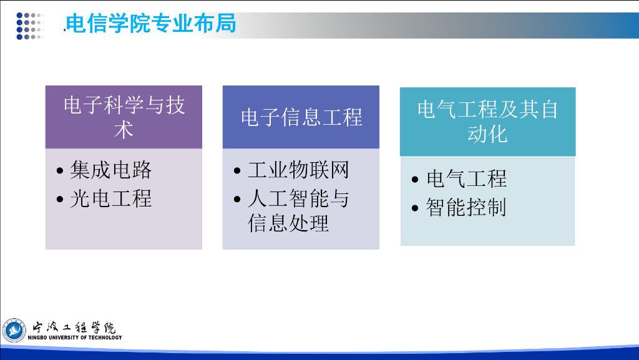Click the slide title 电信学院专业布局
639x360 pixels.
(151, 23)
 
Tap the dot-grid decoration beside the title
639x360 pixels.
(30, 26)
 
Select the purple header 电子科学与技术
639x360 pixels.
(124, 117)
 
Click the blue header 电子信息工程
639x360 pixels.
(301, 117)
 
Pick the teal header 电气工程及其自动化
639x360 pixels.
(488, 122)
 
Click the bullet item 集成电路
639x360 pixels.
(111, 170)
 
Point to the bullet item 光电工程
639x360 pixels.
(111, 199)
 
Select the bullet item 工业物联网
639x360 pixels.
(298, 170)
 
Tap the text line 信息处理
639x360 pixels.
(288, 223)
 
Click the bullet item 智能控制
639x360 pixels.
(466, 207)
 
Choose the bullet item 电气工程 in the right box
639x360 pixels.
(466, 179)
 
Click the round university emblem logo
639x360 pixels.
(14, 330)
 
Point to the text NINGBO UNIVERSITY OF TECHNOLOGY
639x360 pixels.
(75, 337)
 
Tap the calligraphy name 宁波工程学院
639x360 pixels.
(74, 327)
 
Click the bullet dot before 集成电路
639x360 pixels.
(60, 170)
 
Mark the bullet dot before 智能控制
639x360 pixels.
(415, 208)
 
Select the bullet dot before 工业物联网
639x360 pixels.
(237, 170)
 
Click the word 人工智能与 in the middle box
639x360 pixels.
(298, 199)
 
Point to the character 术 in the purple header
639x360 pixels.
(124, 130)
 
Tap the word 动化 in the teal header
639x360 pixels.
(487, 134)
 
